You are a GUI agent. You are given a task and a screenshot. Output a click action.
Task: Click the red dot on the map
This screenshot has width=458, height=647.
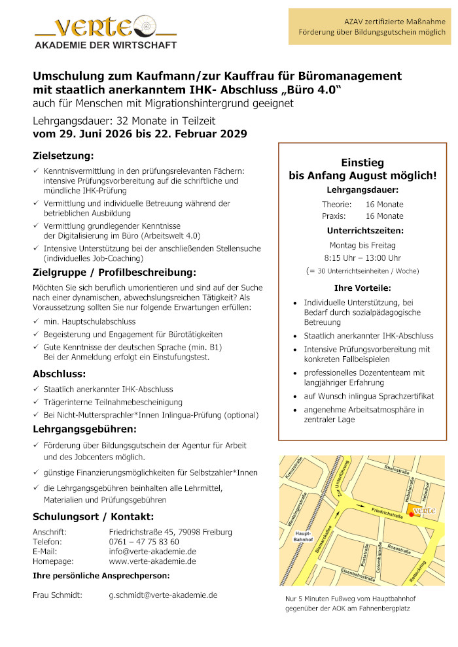412,514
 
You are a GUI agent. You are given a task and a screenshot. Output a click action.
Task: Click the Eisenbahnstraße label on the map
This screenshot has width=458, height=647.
357,574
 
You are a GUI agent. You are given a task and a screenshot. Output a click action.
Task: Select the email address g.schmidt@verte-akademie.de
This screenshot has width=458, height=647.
163,595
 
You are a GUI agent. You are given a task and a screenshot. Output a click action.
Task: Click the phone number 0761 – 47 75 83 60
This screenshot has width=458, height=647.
144,542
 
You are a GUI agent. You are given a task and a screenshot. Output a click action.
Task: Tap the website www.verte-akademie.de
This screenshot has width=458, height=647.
152,561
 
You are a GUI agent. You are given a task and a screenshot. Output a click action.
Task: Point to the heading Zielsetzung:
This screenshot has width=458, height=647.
63,156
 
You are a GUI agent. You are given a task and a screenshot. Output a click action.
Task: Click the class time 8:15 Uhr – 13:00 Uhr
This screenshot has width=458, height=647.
362,257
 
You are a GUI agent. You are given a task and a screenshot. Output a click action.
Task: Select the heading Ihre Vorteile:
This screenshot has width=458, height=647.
362,288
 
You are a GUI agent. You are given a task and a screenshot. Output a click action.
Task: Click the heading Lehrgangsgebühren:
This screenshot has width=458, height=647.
84,429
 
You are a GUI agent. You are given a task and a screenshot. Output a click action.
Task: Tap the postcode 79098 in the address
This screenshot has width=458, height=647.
181,532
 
